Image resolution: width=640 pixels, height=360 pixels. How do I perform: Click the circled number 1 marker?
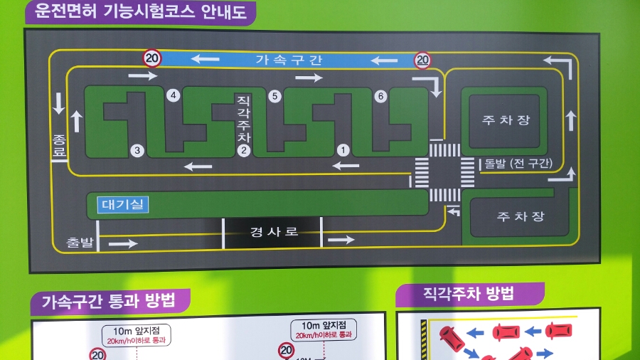coord(343,149)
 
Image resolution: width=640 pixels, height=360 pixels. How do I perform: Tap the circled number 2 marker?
coord(243,150)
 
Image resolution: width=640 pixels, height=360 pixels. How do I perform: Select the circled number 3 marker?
coord(137,150)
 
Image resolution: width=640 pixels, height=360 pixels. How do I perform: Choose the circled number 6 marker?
coord(380,95)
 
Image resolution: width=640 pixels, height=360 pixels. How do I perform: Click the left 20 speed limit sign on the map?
coord(152,58)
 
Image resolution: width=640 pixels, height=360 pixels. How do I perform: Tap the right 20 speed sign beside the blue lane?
coord(423,60)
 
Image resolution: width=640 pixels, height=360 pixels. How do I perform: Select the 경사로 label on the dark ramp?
coord(274,232)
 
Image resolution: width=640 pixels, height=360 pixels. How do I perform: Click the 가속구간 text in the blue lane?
coord(289,60)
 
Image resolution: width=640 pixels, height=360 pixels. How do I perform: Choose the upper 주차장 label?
coord(506,120)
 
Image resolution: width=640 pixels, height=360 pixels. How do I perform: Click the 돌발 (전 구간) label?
coord(518,163)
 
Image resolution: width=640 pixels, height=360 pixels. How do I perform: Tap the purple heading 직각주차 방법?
coord(469,293)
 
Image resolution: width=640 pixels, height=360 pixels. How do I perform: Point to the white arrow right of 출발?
coord(123,244)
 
